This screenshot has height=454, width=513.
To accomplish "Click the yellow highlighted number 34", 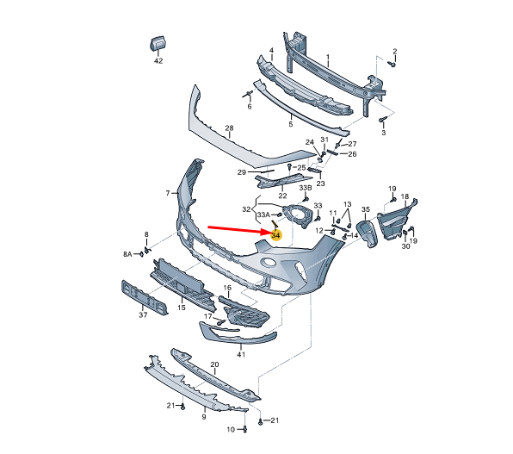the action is [x=275, y=235].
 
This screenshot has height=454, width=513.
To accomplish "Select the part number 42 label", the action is [x=158, y=61].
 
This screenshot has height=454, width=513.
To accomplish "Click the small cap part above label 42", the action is [x=158, y=44].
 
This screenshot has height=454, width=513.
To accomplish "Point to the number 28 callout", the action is [x=229, y=127].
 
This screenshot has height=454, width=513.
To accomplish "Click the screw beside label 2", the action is [x=392, y=64].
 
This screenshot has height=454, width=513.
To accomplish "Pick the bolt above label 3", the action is [x=382, y=120].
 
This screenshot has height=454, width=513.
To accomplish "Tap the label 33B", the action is [x=306, y=188].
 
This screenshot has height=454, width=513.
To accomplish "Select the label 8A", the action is [x=127, y=254].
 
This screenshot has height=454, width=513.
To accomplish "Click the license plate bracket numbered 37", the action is [x=145, y=297].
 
